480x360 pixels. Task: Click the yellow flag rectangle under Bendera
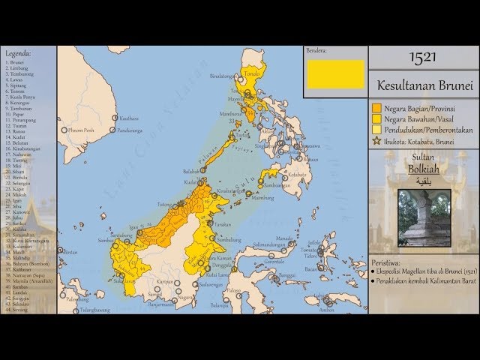[334, 73]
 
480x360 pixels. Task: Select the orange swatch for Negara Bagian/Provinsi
[377, 107]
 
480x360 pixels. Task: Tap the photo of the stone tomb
[424, 217]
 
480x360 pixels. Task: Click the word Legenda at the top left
[18, 54]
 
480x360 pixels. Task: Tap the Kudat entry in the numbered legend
[17, 137]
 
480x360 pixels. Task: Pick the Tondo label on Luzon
[253, 73]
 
